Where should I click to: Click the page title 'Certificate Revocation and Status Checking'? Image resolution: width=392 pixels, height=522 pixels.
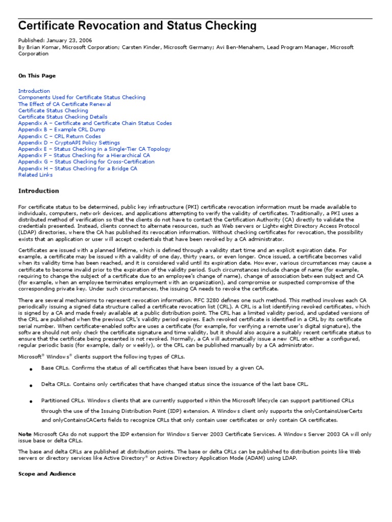point(137,26)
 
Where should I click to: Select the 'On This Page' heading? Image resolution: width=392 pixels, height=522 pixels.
point(37,75)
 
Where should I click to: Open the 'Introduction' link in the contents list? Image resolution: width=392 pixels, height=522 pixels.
point(34,91)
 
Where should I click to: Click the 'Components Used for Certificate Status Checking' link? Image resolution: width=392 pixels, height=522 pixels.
point(82,97)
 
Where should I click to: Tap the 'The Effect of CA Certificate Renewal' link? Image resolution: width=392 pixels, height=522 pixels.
point(65,104)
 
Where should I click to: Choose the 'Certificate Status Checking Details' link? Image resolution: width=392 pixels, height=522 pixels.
point(63,117)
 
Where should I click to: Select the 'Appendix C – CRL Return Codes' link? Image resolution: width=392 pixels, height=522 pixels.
point(60,136)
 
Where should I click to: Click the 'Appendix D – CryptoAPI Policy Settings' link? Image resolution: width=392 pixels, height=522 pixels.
point(69,143)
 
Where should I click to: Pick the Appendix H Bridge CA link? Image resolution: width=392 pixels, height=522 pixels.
point(78,168)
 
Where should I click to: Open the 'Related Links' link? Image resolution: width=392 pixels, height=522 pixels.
point(35,175)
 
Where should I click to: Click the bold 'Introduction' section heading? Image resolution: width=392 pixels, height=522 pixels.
point(39,191)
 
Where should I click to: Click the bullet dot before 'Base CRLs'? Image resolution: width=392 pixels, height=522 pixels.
point(31,369)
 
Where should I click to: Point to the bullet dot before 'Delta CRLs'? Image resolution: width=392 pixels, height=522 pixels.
point(31,385)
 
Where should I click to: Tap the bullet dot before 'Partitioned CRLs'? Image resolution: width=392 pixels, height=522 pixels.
point(31,401)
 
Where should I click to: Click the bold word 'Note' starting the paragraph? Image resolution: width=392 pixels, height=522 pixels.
point(24,434)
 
